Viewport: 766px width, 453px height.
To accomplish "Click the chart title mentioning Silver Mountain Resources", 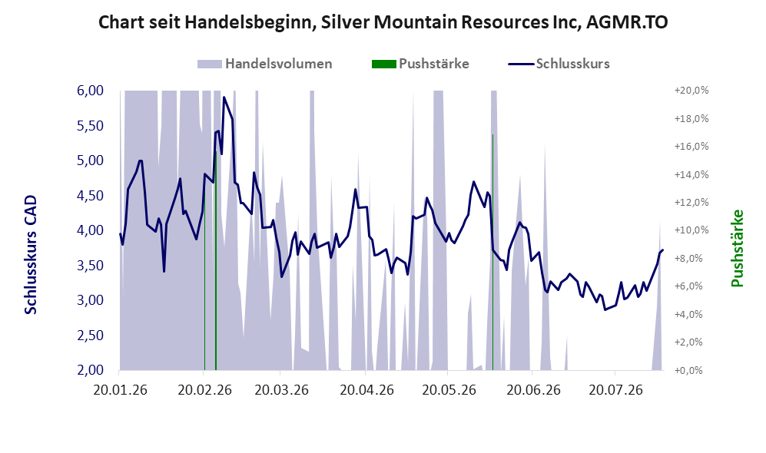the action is [383, 22].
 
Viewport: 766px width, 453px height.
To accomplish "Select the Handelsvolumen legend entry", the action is [264, 64].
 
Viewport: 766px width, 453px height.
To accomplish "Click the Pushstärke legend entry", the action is [420, 64].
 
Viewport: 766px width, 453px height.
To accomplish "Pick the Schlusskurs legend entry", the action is [559, 64].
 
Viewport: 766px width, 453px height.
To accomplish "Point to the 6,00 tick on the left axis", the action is [91, 91].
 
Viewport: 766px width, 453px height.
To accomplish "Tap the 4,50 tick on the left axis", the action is [91, 196].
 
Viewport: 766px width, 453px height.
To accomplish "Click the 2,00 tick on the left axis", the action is [91, 370].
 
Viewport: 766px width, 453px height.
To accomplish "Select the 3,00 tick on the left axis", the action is [91, 300].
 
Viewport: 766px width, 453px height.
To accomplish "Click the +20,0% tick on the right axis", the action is [691, 91].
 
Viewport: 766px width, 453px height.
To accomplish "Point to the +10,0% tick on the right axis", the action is [691, 230].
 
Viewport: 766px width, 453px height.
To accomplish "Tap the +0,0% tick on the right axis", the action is [691, 371].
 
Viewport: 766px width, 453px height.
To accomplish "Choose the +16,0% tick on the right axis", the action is [691, 147].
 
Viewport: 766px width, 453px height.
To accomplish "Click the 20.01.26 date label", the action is [120, 390].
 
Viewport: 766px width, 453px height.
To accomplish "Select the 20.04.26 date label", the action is [367, 390].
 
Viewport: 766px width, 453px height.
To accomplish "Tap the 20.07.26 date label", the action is [615, 390].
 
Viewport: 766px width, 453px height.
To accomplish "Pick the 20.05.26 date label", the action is [449, 390].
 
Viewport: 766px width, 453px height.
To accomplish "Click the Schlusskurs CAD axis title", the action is [31, 255].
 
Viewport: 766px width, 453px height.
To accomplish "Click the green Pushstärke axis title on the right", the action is [737, 249].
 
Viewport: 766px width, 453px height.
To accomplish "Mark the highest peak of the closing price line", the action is [224, 98].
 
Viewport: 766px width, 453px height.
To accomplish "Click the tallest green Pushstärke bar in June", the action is [492, 252].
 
